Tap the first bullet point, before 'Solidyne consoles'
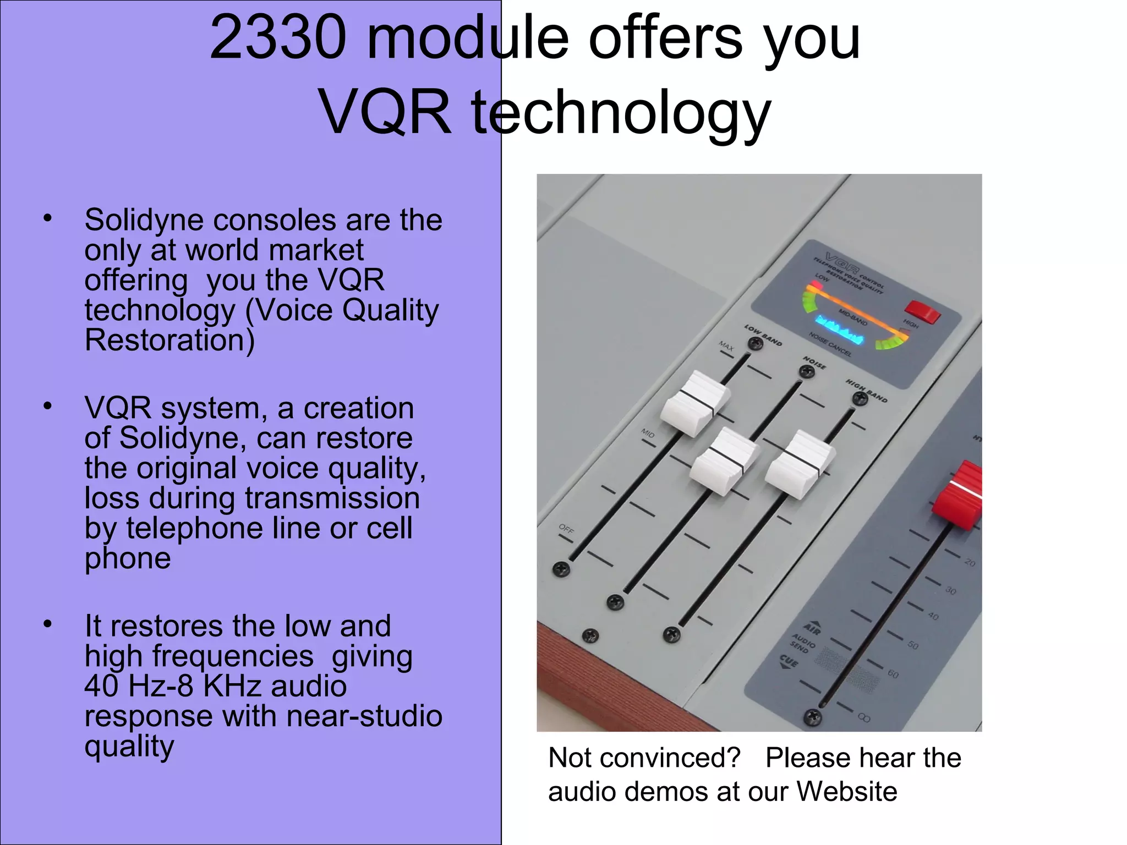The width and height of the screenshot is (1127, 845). click(x=48, y=219)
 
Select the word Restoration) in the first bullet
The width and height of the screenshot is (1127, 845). click(x=169, y=340)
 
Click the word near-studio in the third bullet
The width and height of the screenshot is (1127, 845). click(x=364, y=716)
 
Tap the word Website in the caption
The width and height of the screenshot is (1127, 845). click(x=847, y=791)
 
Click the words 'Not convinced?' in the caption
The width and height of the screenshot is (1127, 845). click(x=644, y=758)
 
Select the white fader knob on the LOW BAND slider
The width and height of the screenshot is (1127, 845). click(x=694, y=403)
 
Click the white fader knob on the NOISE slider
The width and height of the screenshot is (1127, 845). click(x=725, y=461)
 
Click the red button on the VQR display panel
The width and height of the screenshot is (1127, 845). click(x=923, y=311)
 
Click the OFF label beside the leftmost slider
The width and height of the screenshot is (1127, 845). click(x=566, y=529)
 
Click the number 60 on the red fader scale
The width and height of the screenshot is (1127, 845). click(x=893, y=674)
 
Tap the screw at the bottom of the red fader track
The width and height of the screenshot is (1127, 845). click(x=813, y=717)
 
